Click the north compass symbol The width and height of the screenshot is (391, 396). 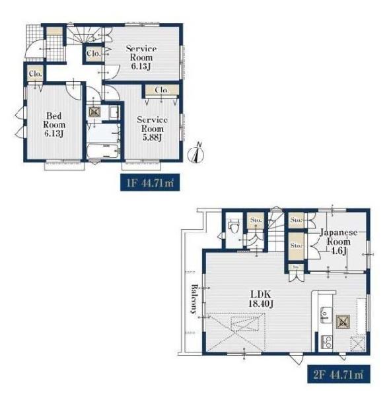[x=196, y=153]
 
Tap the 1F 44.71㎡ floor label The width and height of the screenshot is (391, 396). [x=150, y=182]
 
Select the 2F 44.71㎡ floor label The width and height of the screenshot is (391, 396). [x=339, y=374]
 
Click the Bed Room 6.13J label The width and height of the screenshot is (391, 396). [x=54, y=125]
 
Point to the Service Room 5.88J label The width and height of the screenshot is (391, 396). [x=152, y=128]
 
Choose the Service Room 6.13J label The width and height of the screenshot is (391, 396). [x=141, y=57]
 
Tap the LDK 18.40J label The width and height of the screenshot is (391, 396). [x=261, y=299]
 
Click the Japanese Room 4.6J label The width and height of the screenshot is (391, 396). [x=339, y=241]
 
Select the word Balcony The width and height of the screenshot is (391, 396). [x=194, y=299]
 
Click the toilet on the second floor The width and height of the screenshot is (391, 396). [x=233, y=227]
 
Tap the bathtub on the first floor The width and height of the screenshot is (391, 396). [x=103, y=151]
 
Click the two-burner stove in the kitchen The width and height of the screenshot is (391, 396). [x=326, y=342]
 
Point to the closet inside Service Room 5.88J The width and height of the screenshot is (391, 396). [x=162, y=90]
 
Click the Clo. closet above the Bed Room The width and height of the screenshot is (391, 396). [x=36, y=73]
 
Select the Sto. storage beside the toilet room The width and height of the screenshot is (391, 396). [x=256, y=220]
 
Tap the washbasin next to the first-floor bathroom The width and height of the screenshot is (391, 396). [x=114, y=113]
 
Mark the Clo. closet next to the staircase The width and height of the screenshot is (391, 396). [x=94, y=53]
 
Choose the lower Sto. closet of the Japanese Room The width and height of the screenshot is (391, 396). [x=296, y=246]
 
